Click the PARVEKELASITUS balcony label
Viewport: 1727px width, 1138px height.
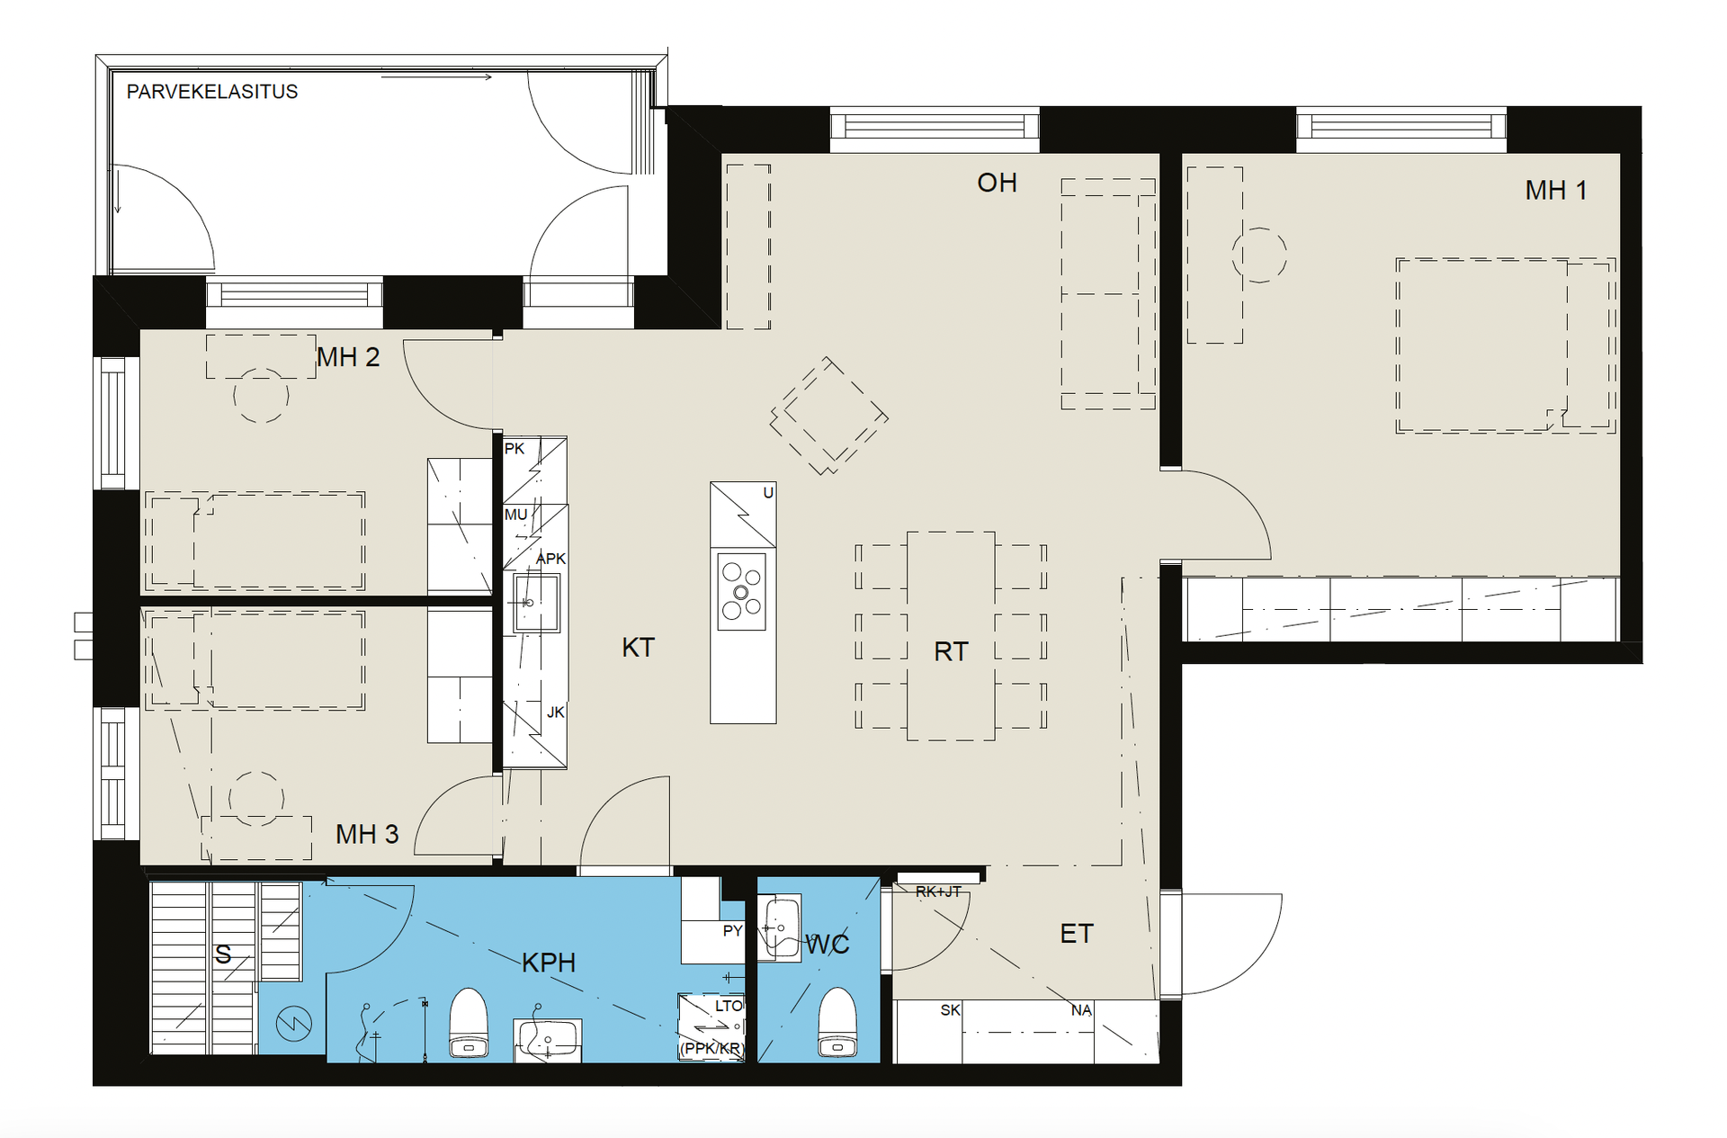click(x=211, y=92)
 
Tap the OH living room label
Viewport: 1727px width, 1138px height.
click(x=997, y=183)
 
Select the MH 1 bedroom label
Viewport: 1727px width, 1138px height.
click(x=1555, y=191)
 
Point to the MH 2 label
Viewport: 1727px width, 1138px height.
click(x=348, y=357)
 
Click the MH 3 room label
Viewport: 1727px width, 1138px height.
click(x=367, y=834)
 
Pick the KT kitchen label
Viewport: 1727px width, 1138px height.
click(x=638, y=648)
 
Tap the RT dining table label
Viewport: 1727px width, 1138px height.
click(x=951, y=651)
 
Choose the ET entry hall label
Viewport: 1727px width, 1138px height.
click(x=1077, y=934)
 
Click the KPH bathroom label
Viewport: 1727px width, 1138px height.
click(x=549, y=963)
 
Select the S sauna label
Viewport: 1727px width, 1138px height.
click(x=223, y=954)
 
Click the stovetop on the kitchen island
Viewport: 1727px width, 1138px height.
click(x=742, y=591)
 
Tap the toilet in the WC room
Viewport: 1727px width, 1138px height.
click(x=837, y=1022)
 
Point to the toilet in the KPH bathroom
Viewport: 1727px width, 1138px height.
click(x=468, y=1022)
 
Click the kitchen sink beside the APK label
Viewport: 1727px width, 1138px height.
click(x=536, y=602)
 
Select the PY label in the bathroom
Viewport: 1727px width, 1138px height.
click(x=732, y=931)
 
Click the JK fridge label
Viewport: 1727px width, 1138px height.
click(x=556, y=712)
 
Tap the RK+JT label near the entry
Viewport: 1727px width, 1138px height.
click(x=938, y=892)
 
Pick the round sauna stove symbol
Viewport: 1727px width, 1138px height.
click(x=293, y=1023)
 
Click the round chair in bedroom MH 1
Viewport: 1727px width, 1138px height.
click(x=1259, y=255)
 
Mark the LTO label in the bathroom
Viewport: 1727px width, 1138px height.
click(x=729, y=1006)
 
